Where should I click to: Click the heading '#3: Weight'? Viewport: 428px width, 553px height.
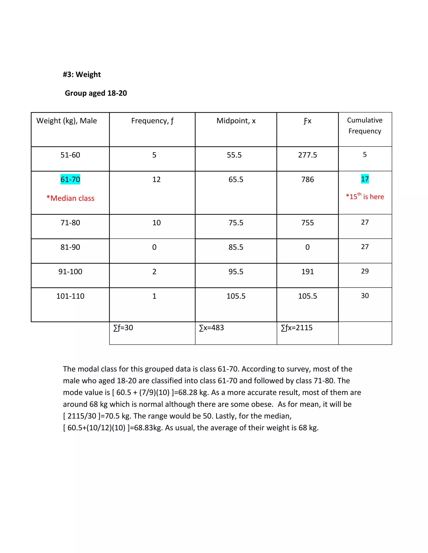coord(82,74)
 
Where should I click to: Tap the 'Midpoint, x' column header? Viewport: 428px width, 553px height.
coord(236,121)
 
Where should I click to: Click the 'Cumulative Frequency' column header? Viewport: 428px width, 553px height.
coord(365,126)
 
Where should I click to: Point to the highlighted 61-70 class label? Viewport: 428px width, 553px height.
coord(70,179)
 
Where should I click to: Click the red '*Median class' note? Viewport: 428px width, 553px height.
coord(70,198)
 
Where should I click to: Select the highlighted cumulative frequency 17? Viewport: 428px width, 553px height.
coord(365,179)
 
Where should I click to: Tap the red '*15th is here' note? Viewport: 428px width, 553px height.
coord(365,197)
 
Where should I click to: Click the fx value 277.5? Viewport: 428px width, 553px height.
coord(307,155)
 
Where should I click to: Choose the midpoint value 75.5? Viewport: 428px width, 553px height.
coord(236,223)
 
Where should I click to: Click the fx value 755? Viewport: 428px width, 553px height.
coord(307,223)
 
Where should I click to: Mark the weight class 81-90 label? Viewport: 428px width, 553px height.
coord(70,247)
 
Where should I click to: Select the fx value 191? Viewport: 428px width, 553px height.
coord(307,272)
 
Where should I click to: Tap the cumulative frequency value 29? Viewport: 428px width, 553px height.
coord(365,271)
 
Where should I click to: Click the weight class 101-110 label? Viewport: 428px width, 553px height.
coord(70,296)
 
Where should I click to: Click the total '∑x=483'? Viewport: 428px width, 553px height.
coord(211,328)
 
